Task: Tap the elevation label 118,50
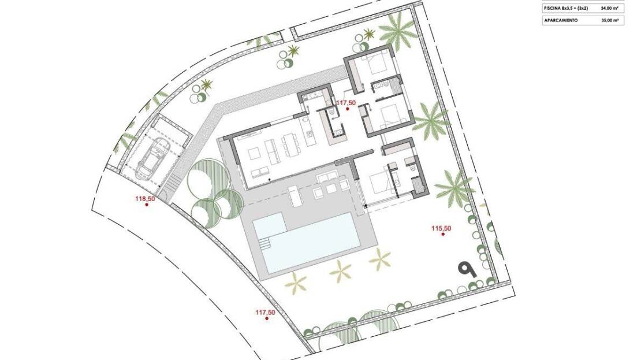click(145, 199)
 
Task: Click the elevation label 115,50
click(442, 228)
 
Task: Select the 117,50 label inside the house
click(346, 103)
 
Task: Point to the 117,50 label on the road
click(265, 312)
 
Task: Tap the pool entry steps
click(264, 243)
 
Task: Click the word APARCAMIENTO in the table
click(561, 20)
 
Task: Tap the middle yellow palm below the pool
click(340, 270)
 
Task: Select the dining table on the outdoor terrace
click(295, 196)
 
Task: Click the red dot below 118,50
click(146, 205)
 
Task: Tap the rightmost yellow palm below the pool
click(380, 259)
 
